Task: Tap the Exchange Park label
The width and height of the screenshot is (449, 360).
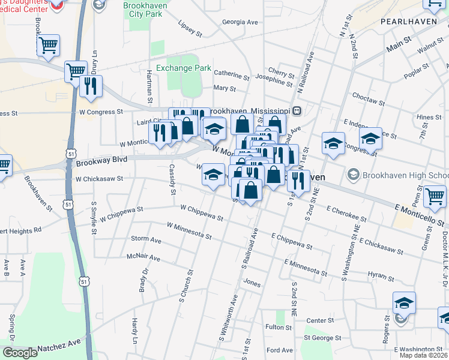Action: pos(183,68)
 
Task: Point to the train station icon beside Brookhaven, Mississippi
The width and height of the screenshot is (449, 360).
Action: pos(297,111)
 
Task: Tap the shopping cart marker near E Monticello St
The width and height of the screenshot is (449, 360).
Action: pos(435,196)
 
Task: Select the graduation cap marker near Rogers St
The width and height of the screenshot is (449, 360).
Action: pos(404,303)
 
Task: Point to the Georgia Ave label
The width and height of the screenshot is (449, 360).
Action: pos(240,22)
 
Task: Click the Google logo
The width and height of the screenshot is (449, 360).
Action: pos(20,353)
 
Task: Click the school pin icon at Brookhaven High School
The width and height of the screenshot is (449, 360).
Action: pos(353,175)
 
